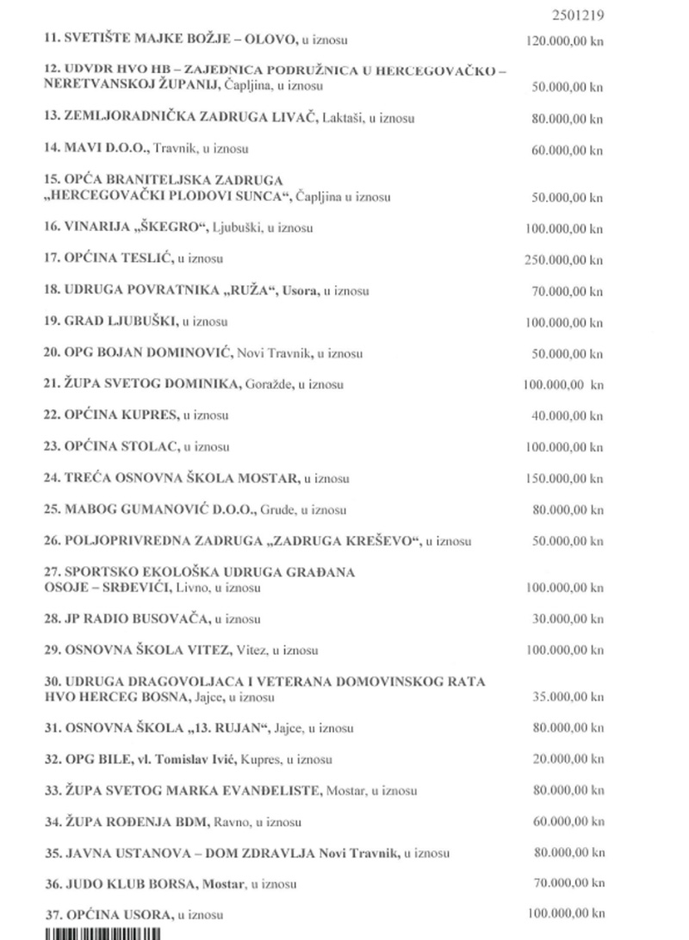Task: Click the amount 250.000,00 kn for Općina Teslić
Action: [x=564, y=259]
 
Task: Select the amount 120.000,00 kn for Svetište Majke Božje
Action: [x=564, y=40]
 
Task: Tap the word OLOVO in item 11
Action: [x=274, y=40]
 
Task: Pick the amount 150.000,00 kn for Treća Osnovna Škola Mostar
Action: [x=564, y=478]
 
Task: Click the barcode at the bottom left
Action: [x=102, y=933]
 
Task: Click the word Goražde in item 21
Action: [x=270, y=384]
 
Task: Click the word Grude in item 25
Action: [x=276, y=510]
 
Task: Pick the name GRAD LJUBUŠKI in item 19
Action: [x=121, y=321]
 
